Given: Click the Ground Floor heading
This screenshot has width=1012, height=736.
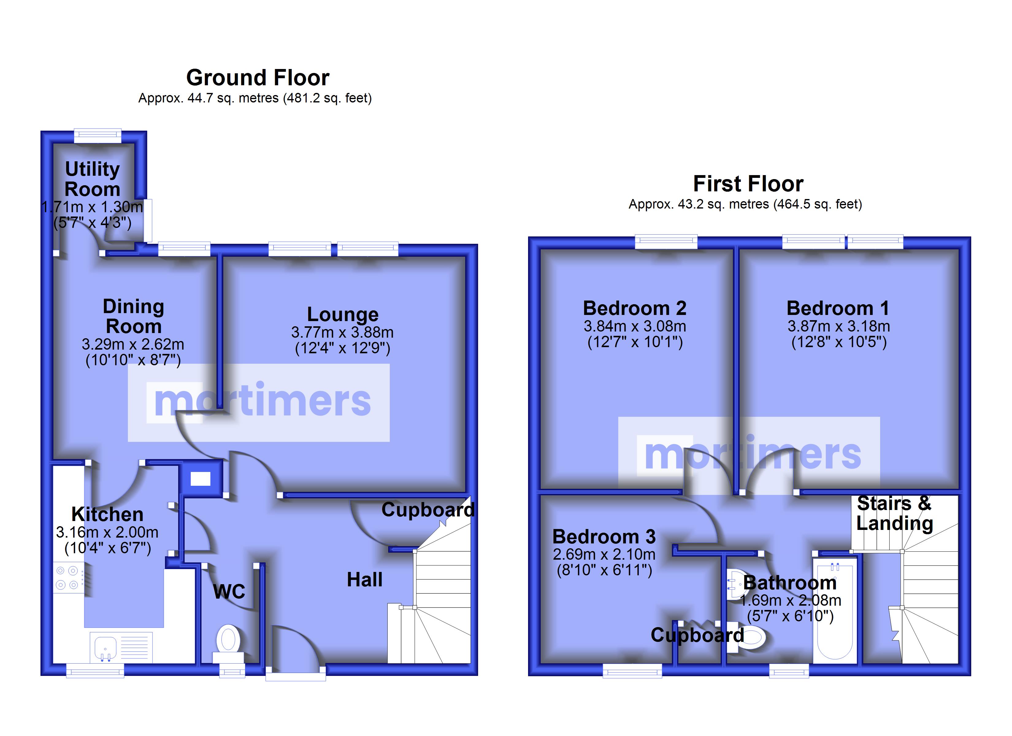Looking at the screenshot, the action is [258, 78].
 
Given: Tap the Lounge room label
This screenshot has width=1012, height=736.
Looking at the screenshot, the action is [343, 314].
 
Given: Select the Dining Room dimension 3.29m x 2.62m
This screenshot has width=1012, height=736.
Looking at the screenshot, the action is [133, 344].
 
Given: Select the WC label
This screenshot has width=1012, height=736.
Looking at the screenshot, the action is [229, 592].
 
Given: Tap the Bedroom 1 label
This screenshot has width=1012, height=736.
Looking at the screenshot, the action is [838, 308].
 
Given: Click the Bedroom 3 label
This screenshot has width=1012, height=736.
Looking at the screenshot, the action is [604, 536].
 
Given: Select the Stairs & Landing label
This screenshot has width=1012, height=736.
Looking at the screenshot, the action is [895, 513].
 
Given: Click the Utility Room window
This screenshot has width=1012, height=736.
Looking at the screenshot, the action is [97, 135].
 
